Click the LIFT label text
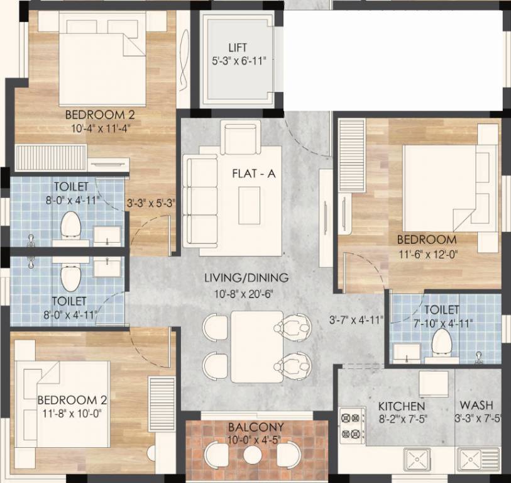pos(238,48)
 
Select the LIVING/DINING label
pos(246,277)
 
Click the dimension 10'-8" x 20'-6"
pos(246,291)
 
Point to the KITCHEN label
pos(402,406)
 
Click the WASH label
pos(476,406)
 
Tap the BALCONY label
pos(256,428)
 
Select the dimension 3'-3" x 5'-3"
pos(151,203)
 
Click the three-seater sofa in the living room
pos(201,199)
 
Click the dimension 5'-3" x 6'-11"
pos(238,61)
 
